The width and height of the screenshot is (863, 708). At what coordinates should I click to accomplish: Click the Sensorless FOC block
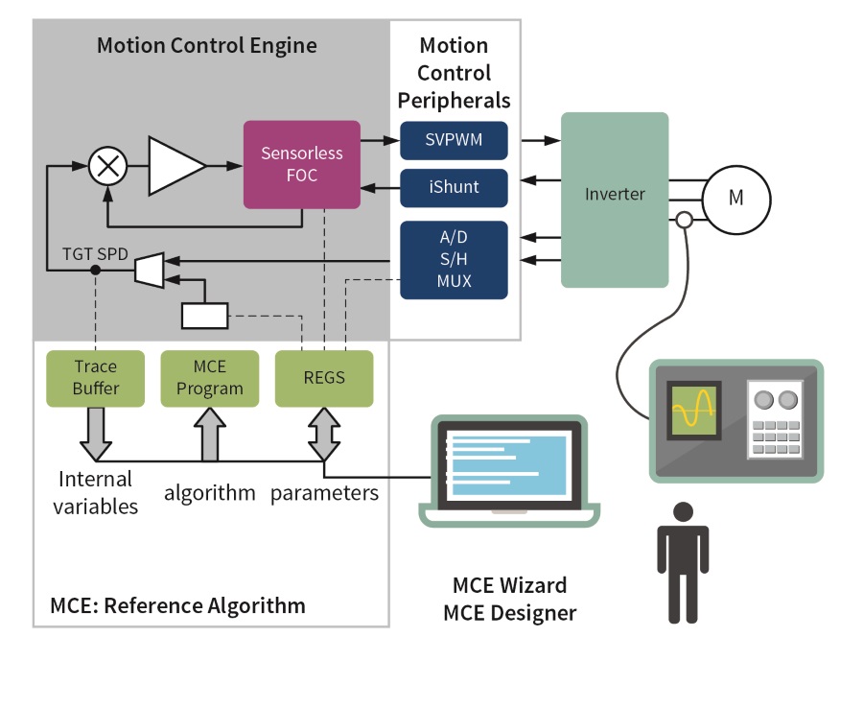(x=301, y=164)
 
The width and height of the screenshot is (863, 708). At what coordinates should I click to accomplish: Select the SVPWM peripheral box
(x=454, y=143)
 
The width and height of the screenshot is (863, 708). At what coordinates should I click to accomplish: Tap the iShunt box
(x=454, y=187)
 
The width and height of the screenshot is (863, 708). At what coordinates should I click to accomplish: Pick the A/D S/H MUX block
(x=454, y=259)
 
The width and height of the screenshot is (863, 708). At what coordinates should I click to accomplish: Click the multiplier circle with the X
(x=108, y=167)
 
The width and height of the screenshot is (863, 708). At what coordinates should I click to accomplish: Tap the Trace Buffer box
(x=95, y=378)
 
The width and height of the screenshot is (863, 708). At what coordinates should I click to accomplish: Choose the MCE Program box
(x=209, y=378)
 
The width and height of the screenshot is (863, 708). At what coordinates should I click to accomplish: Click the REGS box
(x=323, y=378)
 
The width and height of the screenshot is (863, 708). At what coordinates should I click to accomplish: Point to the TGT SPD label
(x=95, y=254)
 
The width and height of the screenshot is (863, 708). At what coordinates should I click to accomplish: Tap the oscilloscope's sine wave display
(x=695, y=409)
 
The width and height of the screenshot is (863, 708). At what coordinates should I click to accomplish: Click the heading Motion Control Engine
(x=206, y=46)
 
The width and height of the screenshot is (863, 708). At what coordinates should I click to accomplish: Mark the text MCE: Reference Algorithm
(x=177, y=605)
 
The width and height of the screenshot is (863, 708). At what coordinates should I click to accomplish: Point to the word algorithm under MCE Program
(x=210, y=493)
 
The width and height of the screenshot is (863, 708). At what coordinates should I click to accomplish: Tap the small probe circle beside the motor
(x=684, y=221)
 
